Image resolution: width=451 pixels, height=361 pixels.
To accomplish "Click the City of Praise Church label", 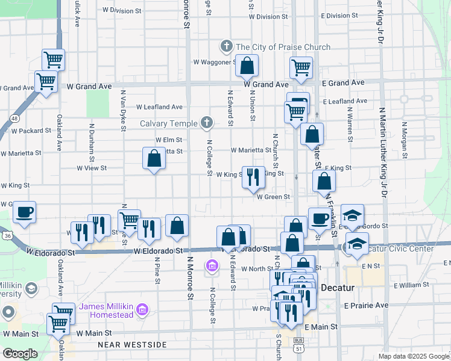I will (283, 47).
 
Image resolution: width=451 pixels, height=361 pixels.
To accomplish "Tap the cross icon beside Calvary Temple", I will (207, 123).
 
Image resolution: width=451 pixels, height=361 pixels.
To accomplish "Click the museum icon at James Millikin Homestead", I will (142, 310).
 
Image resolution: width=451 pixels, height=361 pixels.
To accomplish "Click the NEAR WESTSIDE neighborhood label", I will (131, 345).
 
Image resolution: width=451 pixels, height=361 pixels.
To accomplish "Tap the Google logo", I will (20, 354).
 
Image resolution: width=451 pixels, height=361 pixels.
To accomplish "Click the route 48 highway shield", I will (13, 119).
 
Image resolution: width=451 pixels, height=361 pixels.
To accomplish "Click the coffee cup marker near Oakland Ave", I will (25, 212).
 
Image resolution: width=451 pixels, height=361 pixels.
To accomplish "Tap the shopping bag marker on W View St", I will (154, 159).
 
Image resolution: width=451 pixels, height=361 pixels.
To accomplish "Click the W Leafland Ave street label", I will (159, 107).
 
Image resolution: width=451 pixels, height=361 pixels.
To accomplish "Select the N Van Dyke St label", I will (122, 111).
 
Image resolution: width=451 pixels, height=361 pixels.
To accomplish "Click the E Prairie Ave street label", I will (367, 306).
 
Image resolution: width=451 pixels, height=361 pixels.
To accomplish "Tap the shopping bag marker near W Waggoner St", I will (247, 66).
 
